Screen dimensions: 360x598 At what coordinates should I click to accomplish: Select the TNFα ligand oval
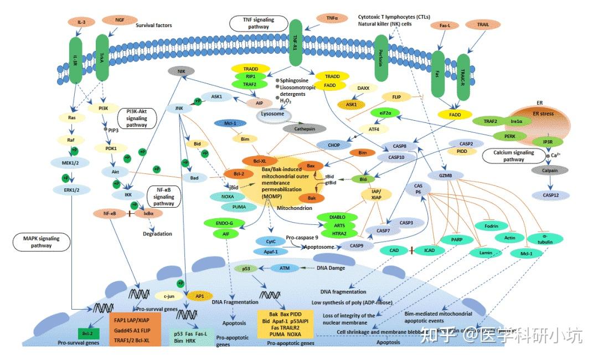[x=332, y=18]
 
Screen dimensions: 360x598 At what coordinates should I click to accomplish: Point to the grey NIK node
[x=181, y=71]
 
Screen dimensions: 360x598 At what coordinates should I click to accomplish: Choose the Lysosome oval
[x=273, y=114]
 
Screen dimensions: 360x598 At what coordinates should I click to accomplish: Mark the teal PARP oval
[x=457, y=240]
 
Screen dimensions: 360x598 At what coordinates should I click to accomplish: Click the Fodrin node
[x=489, y=226]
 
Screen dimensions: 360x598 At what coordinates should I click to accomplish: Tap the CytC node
[x=270, y=241]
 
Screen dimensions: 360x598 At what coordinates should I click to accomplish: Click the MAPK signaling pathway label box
[x=42, y=242]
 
